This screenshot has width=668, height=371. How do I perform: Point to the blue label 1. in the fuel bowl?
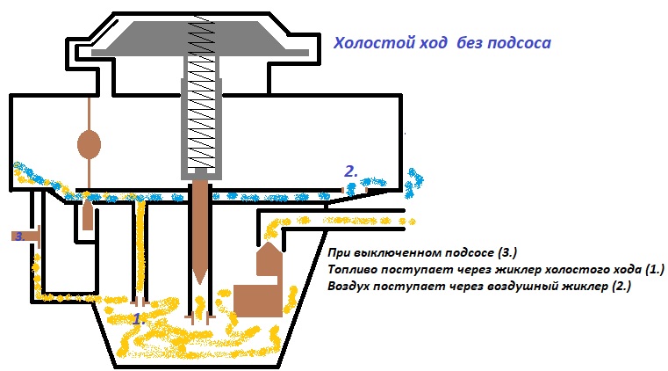click(x=138, y=319)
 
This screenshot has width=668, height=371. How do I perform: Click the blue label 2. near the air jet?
click(x=350, y=172)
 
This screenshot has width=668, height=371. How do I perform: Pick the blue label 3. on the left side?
click(x=18, y=236)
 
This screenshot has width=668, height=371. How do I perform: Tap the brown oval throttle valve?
click(x=90, y=144)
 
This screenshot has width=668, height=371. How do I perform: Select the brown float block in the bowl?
click(x=258, y=298)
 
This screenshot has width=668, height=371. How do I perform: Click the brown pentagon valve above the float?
click(x=269, y=258)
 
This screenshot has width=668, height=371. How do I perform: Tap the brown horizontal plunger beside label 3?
click(x=33, y=236)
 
